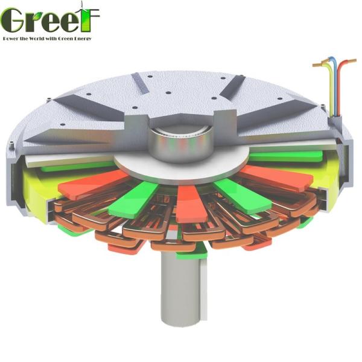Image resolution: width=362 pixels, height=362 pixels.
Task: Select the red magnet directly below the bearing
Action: click(x=188, y=202)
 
